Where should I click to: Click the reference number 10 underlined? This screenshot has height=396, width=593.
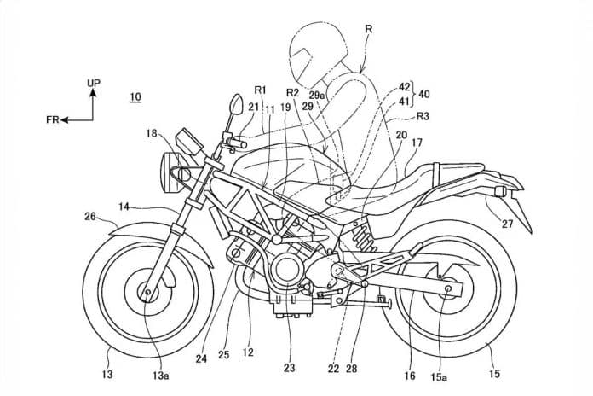[135, 97]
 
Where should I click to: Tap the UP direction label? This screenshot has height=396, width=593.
[94, 83]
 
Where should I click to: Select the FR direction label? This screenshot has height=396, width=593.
[53, 119]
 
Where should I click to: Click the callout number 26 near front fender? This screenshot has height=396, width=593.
[90, 217]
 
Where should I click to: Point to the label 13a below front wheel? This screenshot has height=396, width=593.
[160, 376]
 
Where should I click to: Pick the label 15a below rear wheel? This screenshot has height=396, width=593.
[439, 376]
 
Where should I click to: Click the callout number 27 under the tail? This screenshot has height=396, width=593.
[507, 224]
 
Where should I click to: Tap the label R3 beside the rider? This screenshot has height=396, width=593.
[423, 116]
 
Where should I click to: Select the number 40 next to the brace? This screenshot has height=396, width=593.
[424, 94]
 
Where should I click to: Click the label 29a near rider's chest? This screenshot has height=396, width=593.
[317, 96]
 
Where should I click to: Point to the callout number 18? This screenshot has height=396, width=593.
[152, 133]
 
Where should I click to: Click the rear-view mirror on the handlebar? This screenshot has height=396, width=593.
[236, 104]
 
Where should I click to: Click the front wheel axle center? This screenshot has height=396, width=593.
[147, 292]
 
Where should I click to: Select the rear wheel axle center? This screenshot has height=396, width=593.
[448, 288]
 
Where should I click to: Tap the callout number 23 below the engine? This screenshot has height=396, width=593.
[290, 368]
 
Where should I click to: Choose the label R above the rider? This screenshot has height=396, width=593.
[369, 29]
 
